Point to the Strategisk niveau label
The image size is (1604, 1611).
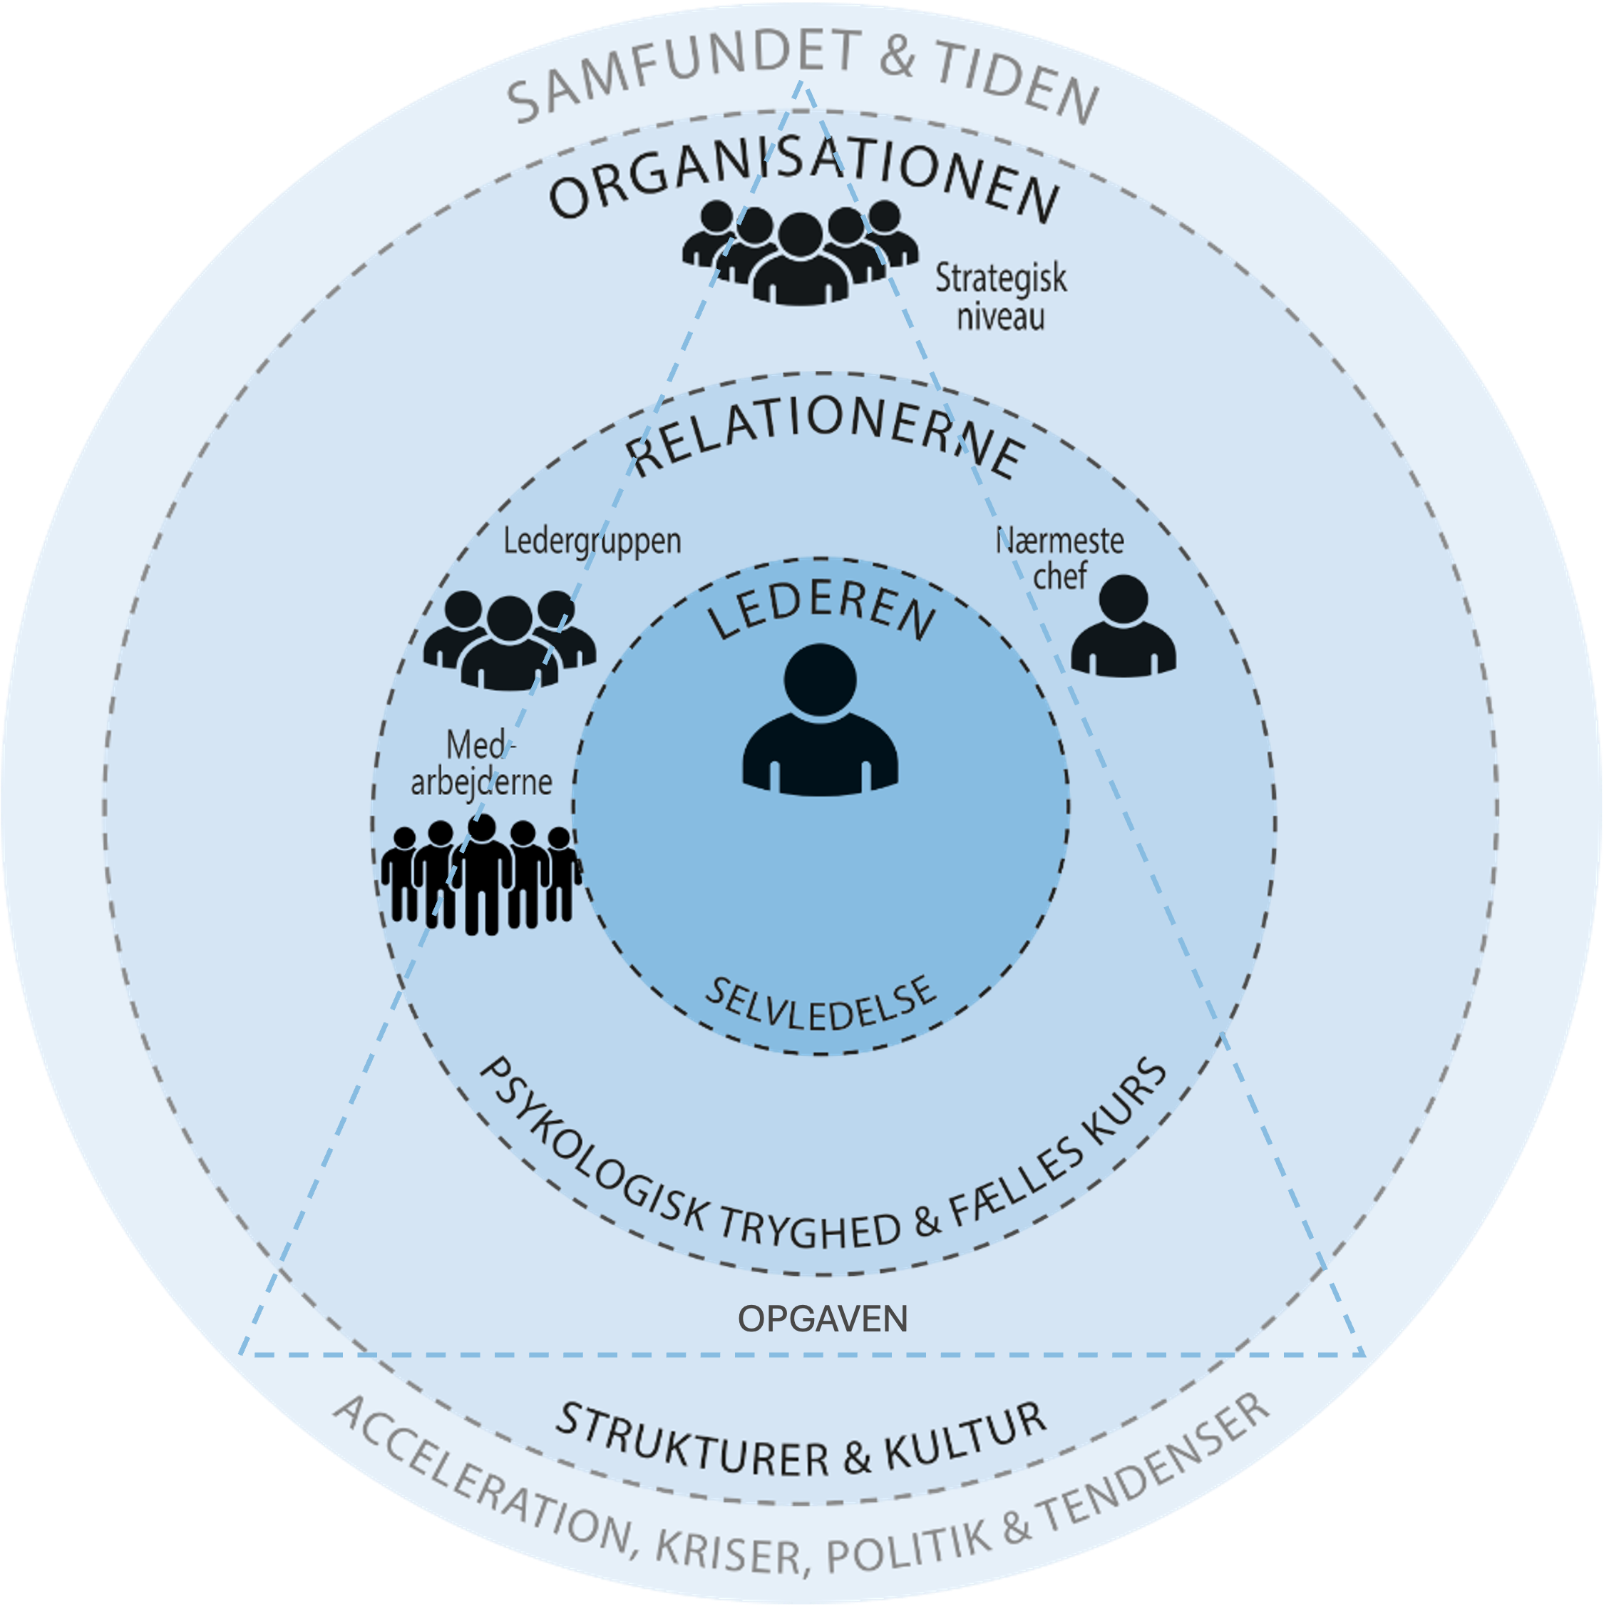click(1000, 297)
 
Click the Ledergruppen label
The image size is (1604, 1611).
click(592, 541)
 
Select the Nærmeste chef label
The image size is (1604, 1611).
click(1059, 558)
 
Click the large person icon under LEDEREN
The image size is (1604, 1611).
click(821, 720)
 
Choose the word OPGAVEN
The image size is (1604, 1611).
click(822, 1319)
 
